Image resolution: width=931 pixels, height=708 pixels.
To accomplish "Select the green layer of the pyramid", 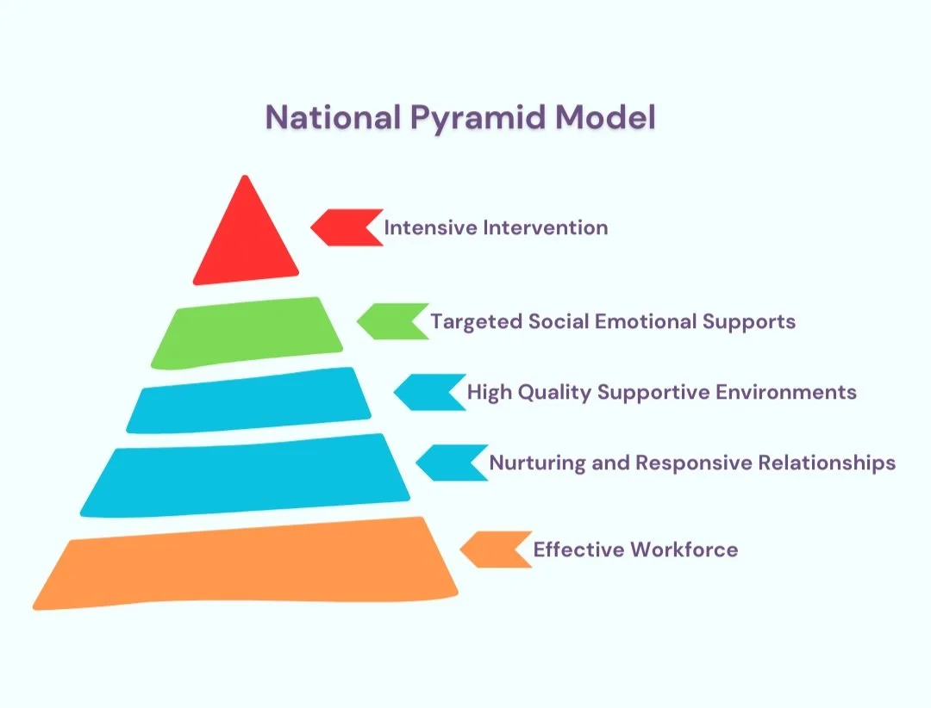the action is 247,333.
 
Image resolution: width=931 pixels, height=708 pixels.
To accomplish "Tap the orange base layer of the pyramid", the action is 245,564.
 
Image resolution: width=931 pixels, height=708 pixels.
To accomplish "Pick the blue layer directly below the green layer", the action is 249,401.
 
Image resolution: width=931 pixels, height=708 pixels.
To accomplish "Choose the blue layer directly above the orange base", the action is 245,476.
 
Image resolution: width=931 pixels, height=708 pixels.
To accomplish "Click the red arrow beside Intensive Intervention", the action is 347,227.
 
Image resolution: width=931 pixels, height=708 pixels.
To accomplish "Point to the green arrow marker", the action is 393,321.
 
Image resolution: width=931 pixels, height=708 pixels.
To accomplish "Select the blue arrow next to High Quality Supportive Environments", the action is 430,392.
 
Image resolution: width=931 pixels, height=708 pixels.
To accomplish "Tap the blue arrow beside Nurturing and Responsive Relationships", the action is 452,463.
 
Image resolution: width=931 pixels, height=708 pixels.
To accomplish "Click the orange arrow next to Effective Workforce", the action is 497,550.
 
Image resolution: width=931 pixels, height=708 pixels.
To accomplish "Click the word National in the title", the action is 333,117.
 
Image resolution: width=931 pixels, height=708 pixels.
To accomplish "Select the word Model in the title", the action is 606,117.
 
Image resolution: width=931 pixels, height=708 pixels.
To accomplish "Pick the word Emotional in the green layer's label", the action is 646,321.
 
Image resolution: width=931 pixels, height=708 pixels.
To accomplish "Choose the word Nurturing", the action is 537,463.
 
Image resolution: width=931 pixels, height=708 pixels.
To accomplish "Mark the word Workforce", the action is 684,550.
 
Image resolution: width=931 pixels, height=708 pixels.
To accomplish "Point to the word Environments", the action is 786,392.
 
